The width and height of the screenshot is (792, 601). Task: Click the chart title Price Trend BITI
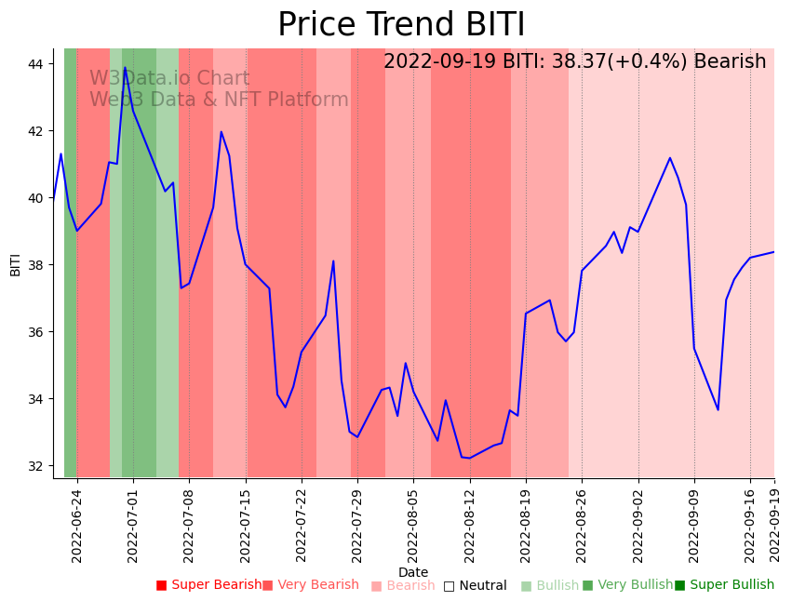pos(401,25)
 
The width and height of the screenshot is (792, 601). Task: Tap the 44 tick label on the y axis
pos(38,64)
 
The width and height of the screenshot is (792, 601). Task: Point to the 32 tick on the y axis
pos(38,466)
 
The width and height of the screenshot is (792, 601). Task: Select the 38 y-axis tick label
pos(38,265)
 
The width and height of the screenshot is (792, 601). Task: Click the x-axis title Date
pos(413,572)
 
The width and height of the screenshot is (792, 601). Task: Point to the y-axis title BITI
pos(16,263)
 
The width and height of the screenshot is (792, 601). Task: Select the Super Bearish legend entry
pos(208,585)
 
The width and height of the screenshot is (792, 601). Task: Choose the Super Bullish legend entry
pos(724,585)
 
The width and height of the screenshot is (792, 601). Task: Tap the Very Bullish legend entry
pos(627,585)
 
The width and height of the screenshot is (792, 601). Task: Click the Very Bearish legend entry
pos(310,585)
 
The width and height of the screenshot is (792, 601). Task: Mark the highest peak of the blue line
pos(125,68)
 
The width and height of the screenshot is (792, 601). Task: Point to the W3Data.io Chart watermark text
pos(169,79)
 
